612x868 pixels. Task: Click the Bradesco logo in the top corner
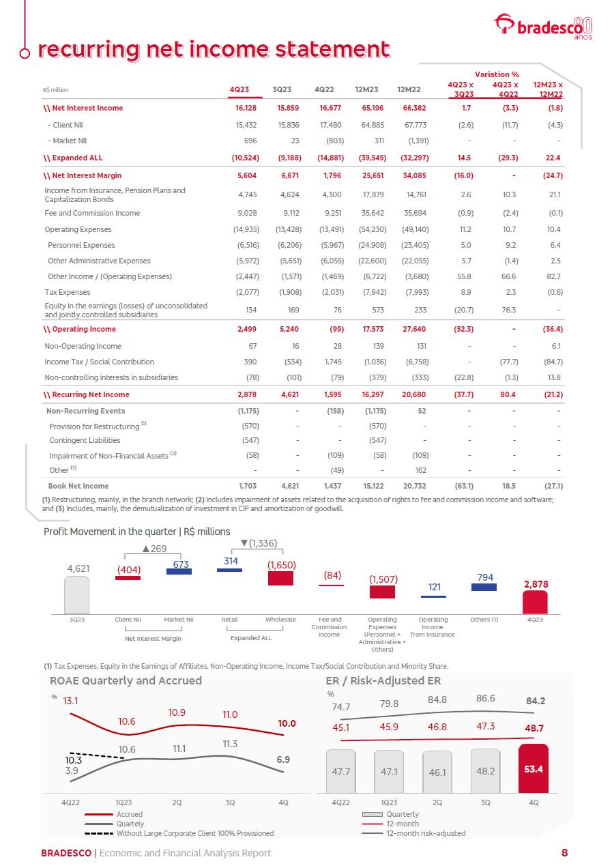543,27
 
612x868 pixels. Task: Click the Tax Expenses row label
68,292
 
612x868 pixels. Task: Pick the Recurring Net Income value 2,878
246,394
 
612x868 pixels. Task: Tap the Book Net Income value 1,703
247,486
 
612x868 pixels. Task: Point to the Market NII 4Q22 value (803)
332,141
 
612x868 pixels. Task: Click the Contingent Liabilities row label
85,440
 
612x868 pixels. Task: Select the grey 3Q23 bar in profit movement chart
77,595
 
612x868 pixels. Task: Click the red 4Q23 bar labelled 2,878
535,602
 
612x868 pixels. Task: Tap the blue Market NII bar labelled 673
179,571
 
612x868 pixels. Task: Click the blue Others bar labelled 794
484,587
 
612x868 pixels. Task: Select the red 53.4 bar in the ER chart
534,768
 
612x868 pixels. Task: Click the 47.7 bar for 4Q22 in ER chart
340,771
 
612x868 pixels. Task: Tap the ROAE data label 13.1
71,701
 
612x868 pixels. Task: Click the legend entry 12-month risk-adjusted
426,833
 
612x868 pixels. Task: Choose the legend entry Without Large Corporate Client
194,833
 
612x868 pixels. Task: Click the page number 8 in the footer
565,852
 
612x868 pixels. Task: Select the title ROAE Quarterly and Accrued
126,680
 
